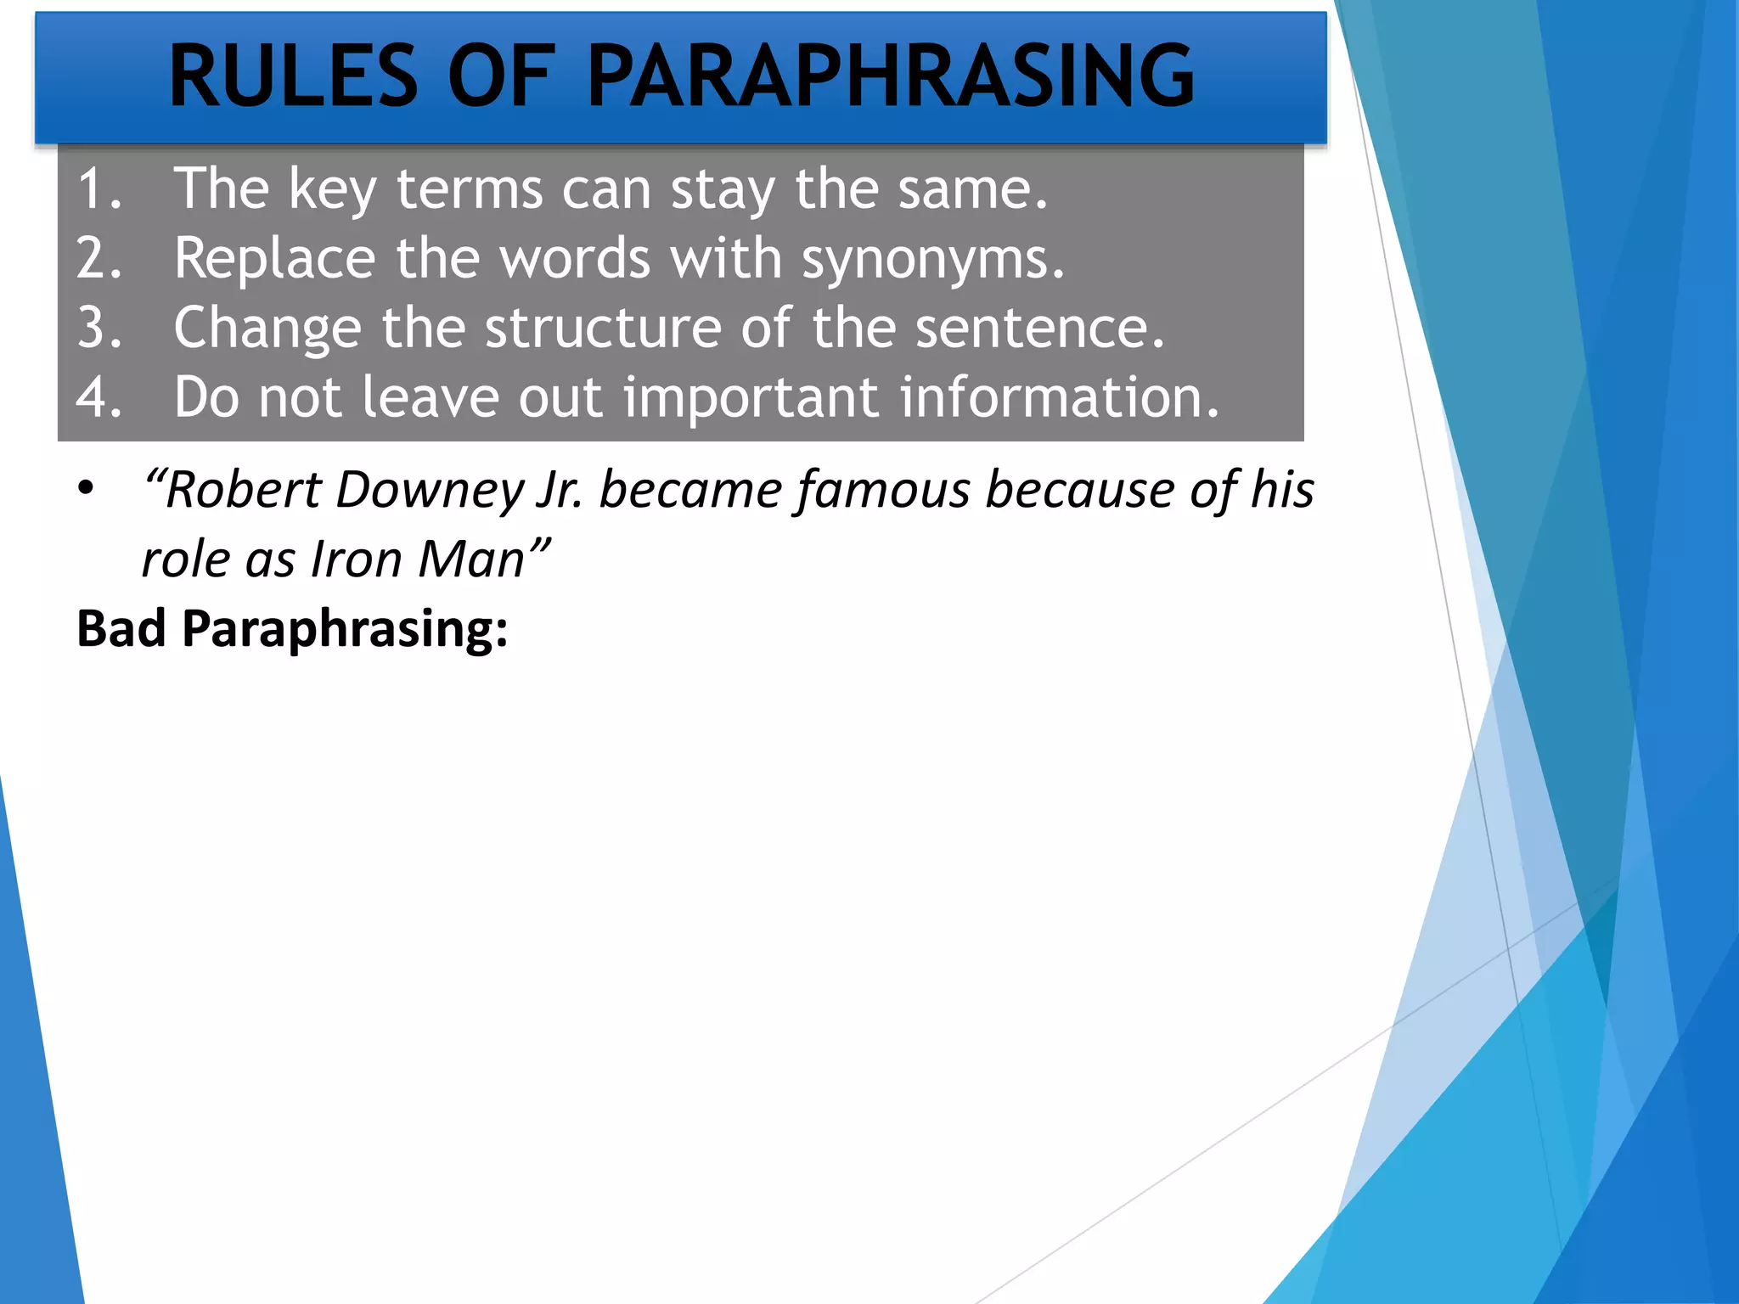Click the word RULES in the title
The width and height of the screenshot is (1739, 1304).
[293, 76]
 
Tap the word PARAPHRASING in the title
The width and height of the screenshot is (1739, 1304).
[890, 76]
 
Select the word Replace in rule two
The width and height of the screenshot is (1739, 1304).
[274, 258]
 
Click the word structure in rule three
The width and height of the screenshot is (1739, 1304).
[602, 328]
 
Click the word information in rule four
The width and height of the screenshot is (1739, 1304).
[1059, 397]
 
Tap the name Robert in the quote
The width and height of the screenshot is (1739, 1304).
[244, 490]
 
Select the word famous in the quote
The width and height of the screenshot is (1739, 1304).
[883, 492]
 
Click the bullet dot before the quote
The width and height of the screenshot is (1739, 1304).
[86, 489]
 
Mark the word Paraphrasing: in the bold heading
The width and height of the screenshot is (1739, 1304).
[345, 631]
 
